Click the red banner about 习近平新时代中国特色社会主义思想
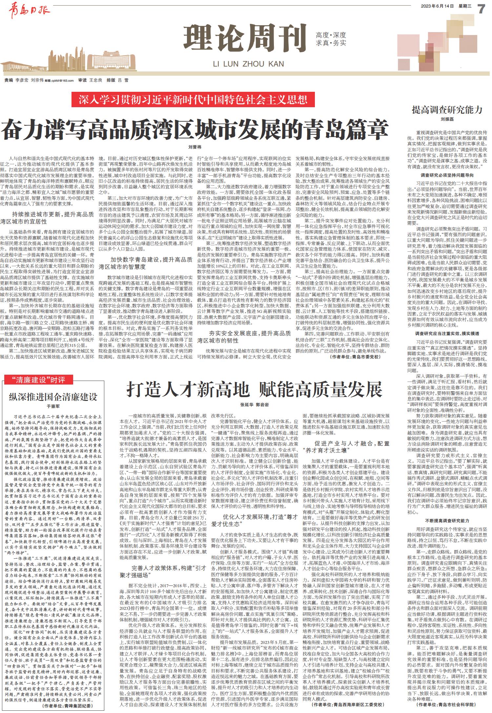193,100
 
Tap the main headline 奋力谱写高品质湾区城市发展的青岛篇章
195,130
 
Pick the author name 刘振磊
447,119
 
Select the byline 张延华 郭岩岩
255,406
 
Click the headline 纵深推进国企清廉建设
53,397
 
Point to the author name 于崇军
53,406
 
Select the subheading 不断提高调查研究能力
447,521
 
